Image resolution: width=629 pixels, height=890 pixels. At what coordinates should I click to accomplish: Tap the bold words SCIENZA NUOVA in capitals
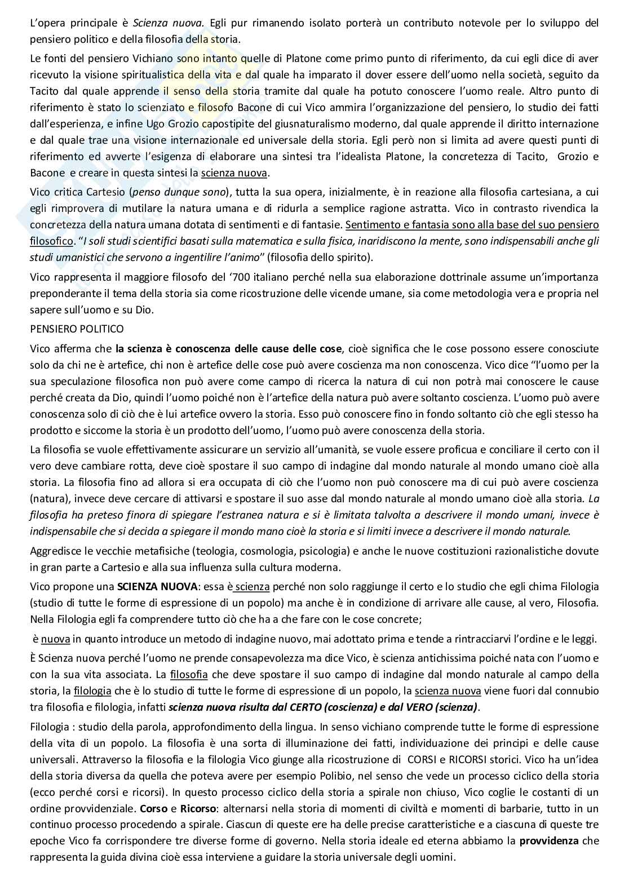point(149,587)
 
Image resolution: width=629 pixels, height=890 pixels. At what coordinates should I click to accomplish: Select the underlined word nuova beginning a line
point(55,640)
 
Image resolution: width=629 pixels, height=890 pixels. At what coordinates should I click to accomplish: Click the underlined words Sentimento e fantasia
point(402,225)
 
